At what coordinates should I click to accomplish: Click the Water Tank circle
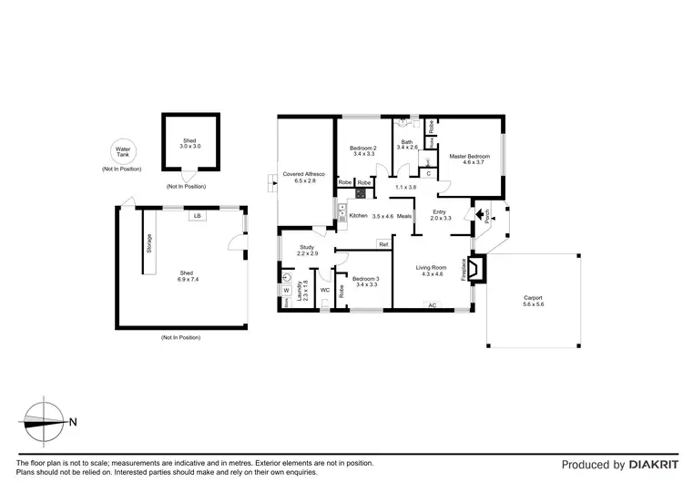[x=121, y=152]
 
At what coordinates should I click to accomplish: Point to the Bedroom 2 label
[x=364, y=148]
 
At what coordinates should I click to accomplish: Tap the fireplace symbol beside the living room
[x=478, y=271]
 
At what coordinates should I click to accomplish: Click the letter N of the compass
[x=72, y=421]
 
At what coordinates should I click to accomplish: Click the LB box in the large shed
[x=197, y=216]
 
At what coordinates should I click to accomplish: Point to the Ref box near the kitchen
[x=383, y=244]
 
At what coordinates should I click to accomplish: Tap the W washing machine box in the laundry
[x=287, y=292]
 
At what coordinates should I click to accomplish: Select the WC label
[x=324, y=291]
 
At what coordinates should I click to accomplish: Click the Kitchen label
[x=358, y=216]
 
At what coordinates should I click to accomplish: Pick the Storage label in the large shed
[x=149, y=244]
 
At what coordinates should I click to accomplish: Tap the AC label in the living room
[x=433, y=304]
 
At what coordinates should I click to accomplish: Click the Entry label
[x=441, y=211]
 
